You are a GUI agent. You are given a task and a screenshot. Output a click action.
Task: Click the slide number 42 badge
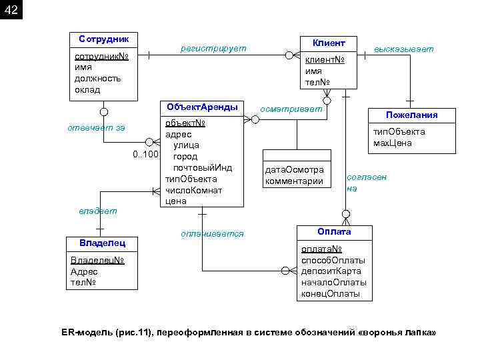(x=11, y=10)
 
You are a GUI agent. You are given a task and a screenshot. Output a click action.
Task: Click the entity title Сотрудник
(x=103, y=39)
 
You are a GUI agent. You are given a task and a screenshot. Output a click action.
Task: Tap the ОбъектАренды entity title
(x=201, y=107)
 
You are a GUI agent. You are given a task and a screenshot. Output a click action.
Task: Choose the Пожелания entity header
(x=411, y=115)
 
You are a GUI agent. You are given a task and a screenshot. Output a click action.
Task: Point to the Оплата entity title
(x=334, y=231)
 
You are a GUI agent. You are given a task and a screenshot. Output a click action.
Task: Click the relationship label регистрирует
(x=213, y=49)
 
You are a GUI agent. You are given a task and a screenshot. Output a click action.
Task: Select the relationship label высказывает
(x=403, y=49)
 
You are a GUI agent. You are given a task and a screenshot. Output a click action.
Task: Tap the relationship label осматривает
(x=291, y=108)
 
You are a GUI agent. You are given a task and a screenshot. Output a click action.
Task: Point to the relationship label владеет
(x=97, y=211)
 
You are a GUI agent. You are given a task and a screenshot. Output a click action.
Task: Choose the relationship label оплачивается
(x=212, y=234)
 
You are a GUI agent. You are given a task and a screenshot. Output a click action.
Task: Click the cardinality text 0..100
(x=145, y=155)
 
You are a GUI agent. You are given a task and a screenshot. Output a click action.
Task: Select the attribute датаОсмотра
(x=294, y=170)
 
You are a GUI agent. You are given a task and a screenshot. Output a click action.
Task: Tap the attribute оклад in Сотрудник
(x=87, y=89)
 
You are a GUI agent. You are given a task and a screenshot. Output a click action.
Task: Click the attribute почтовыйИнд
(x=202, y=167)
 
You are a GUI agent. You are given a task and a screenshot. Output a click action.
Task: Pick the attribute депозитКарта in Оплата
(x=333, y=271)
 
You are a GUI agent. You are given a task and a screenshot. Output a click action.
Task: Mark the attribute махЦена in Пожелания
(x=393, y=143)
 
